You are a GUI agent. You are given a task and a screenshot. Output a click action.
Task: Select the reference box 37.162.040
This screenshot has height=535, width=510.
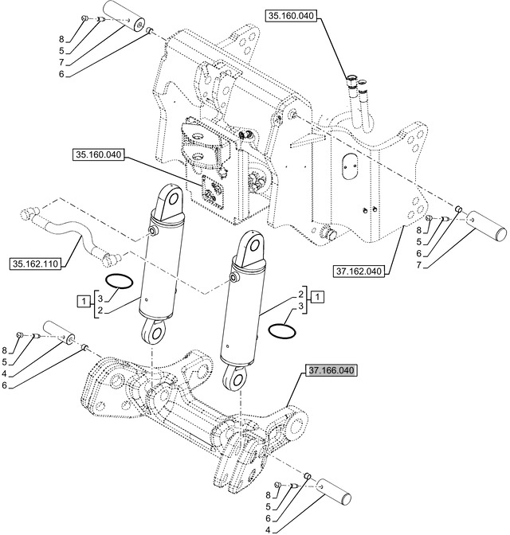tap(359, 271)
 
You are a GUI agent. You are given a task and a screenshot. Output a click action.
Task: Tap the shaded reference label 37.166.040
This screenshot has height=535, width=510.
tap(330, 370)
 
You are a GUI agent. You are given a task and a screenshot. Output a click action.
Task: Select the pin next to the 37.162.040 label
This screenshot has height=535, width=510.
tap(487, 224)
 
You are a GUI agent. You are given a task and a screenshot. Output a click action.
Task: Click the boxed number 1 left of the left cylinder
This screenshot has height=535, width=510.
tap(83, 300)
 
